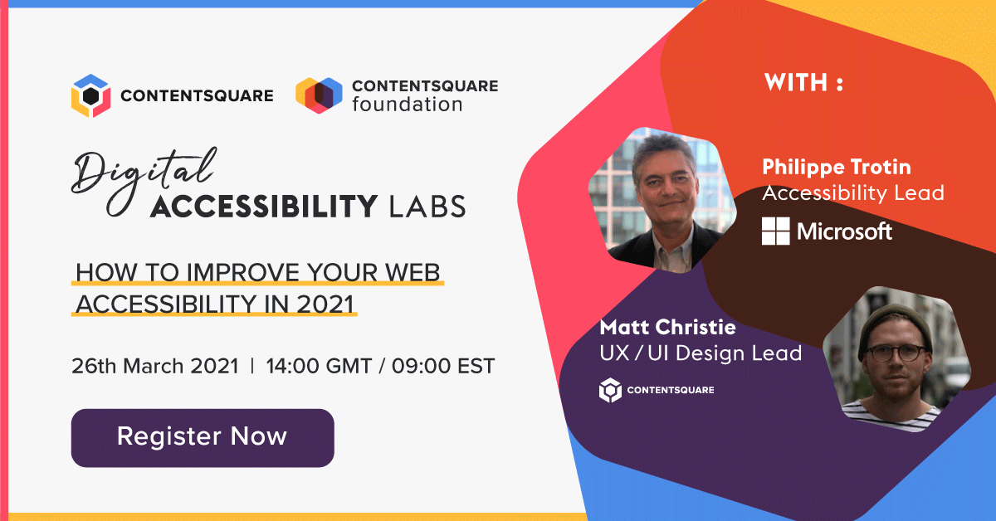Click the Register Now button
click(202, 436)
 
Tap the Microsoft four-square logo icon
click(776, 231)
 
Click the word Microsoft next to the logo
click(844, 231)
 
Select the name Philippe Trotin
click(836, 167)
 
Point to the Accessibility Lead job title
click(852, 193)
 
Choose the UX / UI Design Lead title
click(700, 353)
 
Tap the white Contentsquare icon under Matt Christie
click(610, 390)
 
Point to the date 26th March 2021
click(155, 365)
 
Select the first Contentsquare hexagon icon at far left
click(90, 95)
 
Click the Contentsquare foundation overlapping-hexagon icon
click(319, 95)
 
